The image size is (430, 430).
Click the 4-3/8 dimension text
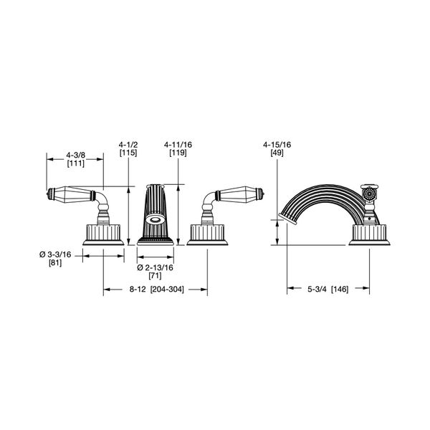tap(76, 156)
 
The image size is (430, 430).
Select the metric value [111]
tap(76, 163)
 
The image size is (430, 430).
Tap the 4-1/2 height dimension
tap(128, 145)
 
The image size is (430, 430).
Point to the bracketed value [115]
tap(128, 153)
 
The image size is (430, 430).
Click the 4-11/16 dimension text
tap(178, 145)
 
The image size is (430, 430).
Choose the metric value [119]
tap(178, 153)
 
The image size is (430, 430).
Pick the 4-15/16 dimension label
tap(277, 145)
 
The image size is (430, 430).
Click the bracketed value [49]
tap(277, 153)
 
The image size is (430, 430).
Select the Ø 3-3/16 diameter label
tap(55, 254)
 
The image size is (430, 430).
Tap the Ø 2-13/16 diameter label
tap(156, 267)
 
